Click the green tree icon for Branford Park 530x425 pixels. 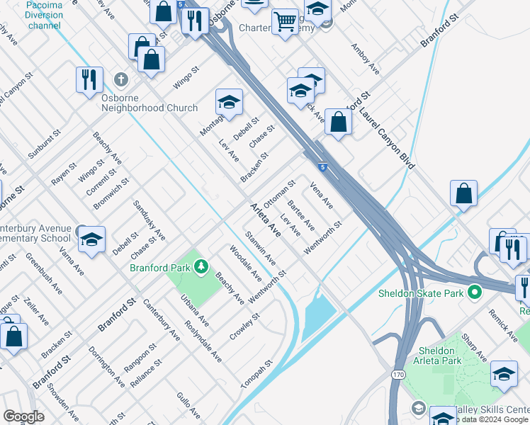(x=202, y=267)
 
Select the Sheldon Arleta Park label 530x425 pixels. (x=437, y=356)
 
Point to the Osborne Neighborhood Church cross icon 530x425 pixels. (x=121, y=79)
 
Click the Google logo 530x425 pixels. (x=23, y=416)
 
